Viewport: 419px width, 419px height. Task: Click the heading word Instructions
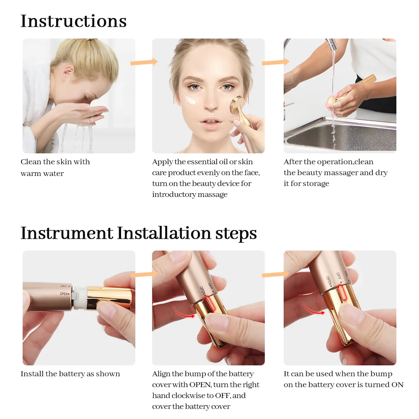[x=73, y=21]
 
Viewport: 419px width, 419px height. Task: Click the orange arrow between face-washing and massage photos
[x=144, y=62]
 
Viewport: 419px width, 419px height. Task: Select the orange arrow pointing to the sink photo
[x=276, y=62]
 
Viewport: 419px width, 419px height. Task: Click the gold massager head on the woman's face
[x=236, y=104]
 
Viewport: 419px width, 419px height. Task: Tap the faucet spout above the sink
[x=331, y=45]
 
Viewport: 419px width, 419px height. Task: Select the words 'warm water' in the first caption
[x=42, y=174]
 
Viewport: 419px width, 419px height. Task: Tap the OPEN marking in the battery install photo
[x=64, y=294]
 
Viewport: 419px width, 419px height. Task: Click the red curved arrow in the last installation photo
[x=313, y=308]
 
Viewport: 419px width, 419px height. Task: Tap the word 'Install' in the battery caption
[x=32, y=374]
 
